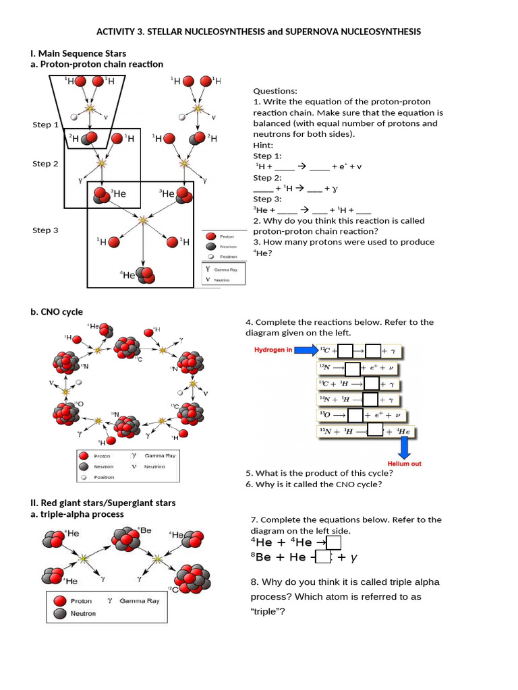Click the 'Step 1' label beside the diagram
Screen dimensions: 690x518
point(45,125)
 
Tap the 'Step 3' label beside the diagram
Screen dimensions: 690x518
point(45,230)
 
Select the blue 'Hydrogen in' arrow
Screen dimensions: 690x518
point(306,350)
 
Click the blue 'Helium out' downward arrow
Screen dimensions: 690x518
point(405,447)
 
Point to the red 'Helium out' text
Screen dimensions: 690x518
point(404,464)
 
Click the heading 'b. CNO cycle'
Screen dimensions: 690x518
point(58,312)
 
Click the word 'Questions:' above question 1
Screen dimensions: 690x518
point(275,91)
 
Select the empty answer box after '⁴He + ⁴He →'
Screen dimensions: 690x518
point(334,542)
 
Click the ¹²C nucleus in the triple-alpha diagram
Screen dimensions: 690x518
point(192,578)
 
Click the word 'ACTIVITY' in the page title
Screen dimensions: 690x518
point(117,32)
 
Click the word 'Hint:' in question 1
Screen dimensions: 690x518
point(263,146)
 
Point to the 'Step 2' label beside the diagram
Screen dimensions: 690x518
point(45,164)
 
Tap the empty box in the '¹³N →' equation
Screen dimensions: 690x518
point(353,368)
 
